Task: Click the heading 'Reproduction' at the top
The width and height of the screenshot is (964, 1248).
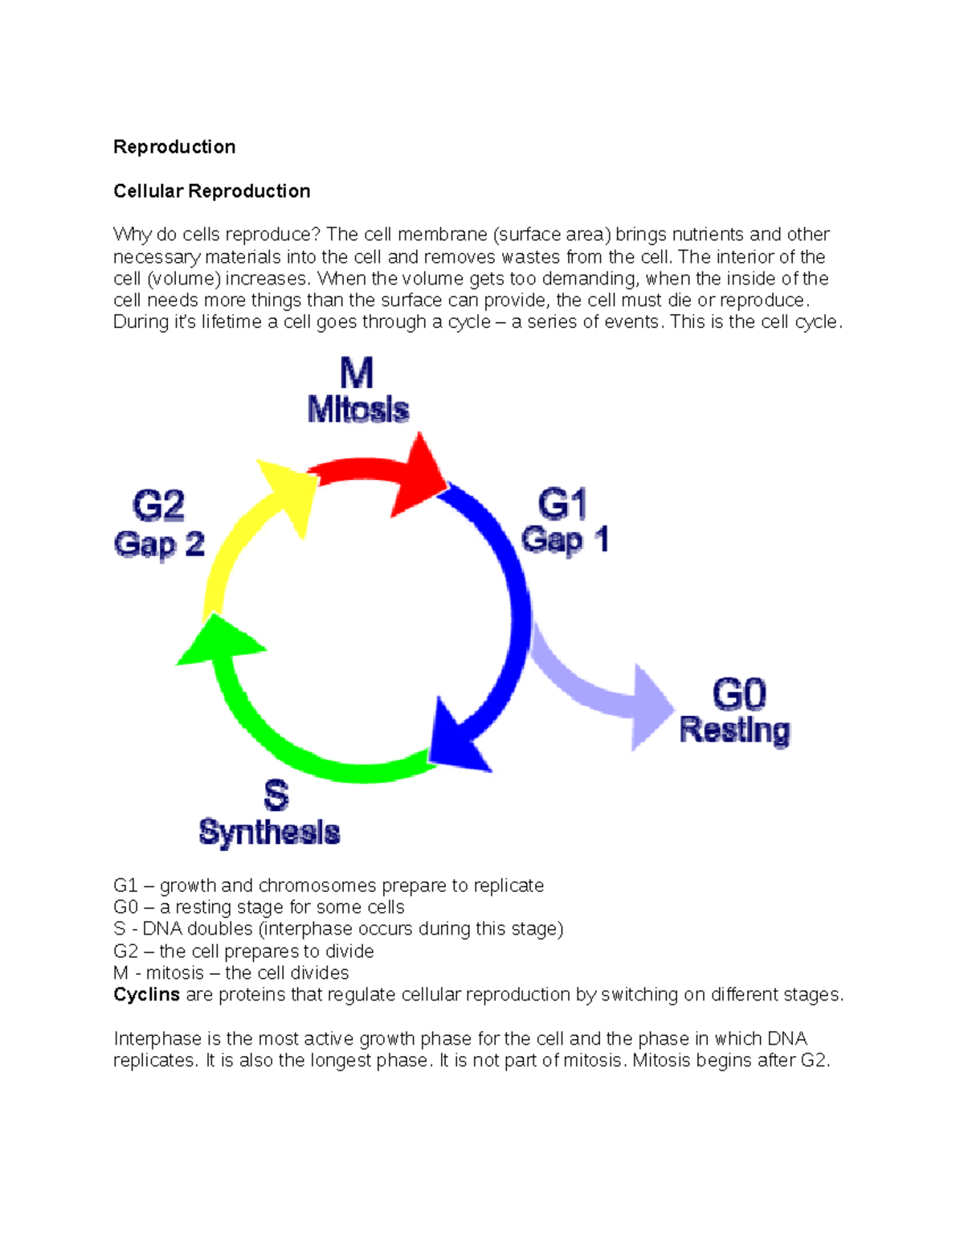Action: click(x=174, y=147)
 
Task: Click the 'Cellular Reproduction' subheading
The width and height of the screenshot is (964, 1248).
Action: click(x=211, y=191)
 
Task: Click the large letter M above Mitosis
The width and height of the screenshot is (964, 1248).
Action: click(x=357, y=374)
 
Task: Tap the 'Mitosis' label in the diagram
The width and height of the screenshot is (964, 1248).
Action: click(x=358, y=410)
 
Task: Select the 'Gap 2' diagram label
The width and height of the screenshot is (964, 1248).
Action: click(x=159, y=545)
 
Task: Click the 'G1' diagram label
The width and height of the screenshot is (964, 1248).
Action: click(x=562, y=504)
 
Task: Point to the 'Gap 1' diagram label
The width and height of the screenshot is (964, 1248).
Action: click(x=565, y=539)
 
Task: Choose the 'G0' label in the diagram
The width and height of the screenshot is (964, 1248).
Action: click(x=739, y=694)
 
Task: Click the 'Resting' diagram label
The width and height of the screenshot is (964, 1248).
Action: click(x=734, y=730)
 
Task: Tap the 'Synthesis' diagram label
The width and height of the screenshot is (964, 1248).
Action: click(x=269, y=832)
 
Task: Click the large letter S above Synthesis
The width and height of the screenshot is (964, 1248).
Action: click(x=276, y=795)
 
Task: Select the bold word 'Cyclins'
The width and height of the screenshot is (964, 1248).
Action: click(x=146, y=995)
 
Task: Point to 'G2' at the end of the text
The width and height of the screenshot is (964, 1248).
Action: click(x=813, y=1061)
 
